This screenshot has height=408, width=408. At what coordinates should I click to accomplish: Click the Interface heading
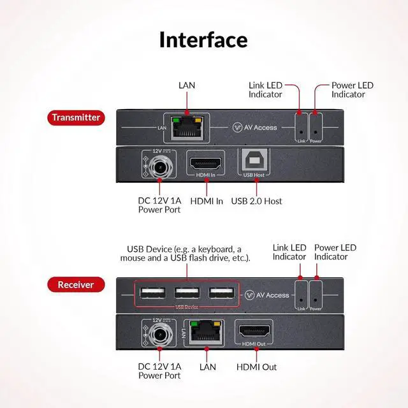tap(203, 40)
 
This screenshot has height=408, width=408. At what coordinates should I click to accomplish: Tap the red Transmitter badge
tap(76, 117)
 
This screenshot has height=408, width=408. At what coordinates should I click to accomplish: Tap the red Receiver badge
tap(76, 284)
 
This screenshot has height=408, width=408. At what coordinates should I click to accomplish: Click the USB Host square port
tap(256, 163)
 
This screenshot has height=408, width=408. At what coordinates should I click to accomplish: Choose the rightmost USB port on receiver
tap(220, 294)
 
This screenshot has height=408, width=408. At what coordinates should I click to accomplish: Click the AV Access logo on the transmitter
tap(255, 127)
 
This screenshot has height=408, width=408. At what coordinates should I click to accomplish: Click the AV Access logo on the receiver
tap(267, 295)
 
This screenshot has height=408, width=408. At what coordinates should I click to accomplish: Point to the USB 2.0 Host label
tap(256, 201)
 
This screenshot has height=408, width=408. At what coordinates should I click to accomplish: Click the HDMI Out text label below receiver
tap(256, 367)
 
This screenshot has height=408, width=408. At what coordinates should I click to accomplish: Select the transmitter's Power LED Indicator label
tap(352, 90)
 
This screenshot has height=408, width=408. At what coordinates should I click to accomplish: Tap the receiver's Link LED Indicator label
tap(289, 252)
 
